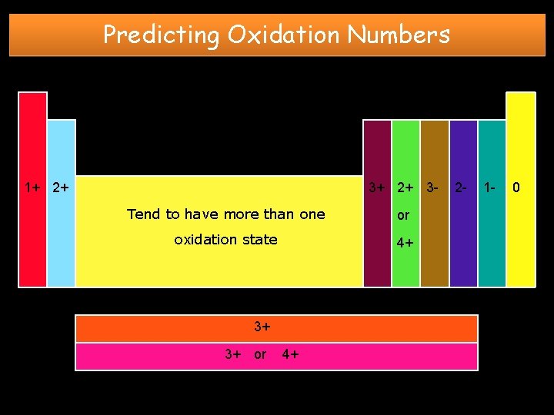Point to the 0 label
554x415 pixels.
[517, 187]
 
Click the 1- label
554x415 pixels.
[489, 187]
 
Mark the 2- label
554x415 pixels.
[459, 187]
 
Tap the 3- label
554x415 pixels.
[433, 187]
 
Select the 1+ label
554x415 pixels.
[33, 187]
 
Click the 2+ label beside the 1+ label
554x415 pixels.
[61, 187]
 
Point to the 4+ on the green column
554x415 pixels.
[405, 243]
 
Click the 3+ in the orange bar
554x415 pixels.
[262, 327]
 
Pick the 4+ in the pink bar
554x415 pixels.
[291, 354]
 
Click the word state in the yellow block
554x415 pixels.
[259, 239]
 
